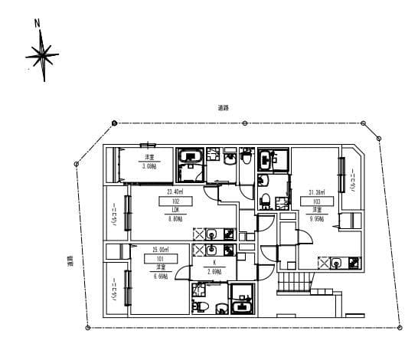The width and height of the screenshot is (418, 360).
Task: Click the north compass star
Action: [42, 55]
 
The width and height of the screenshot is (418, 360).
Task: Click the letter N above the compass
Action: [38, 23]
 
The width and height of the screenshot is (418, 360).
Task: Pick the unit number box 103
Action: [315, 202]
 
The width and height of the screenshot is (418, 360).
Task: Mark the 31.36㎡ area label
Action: [316, 193]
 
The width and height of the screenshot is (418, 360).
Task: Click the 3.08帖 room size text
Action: [148, 165]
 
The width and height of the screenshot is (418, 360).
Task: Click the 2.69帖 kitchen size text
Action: [214, 272]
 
